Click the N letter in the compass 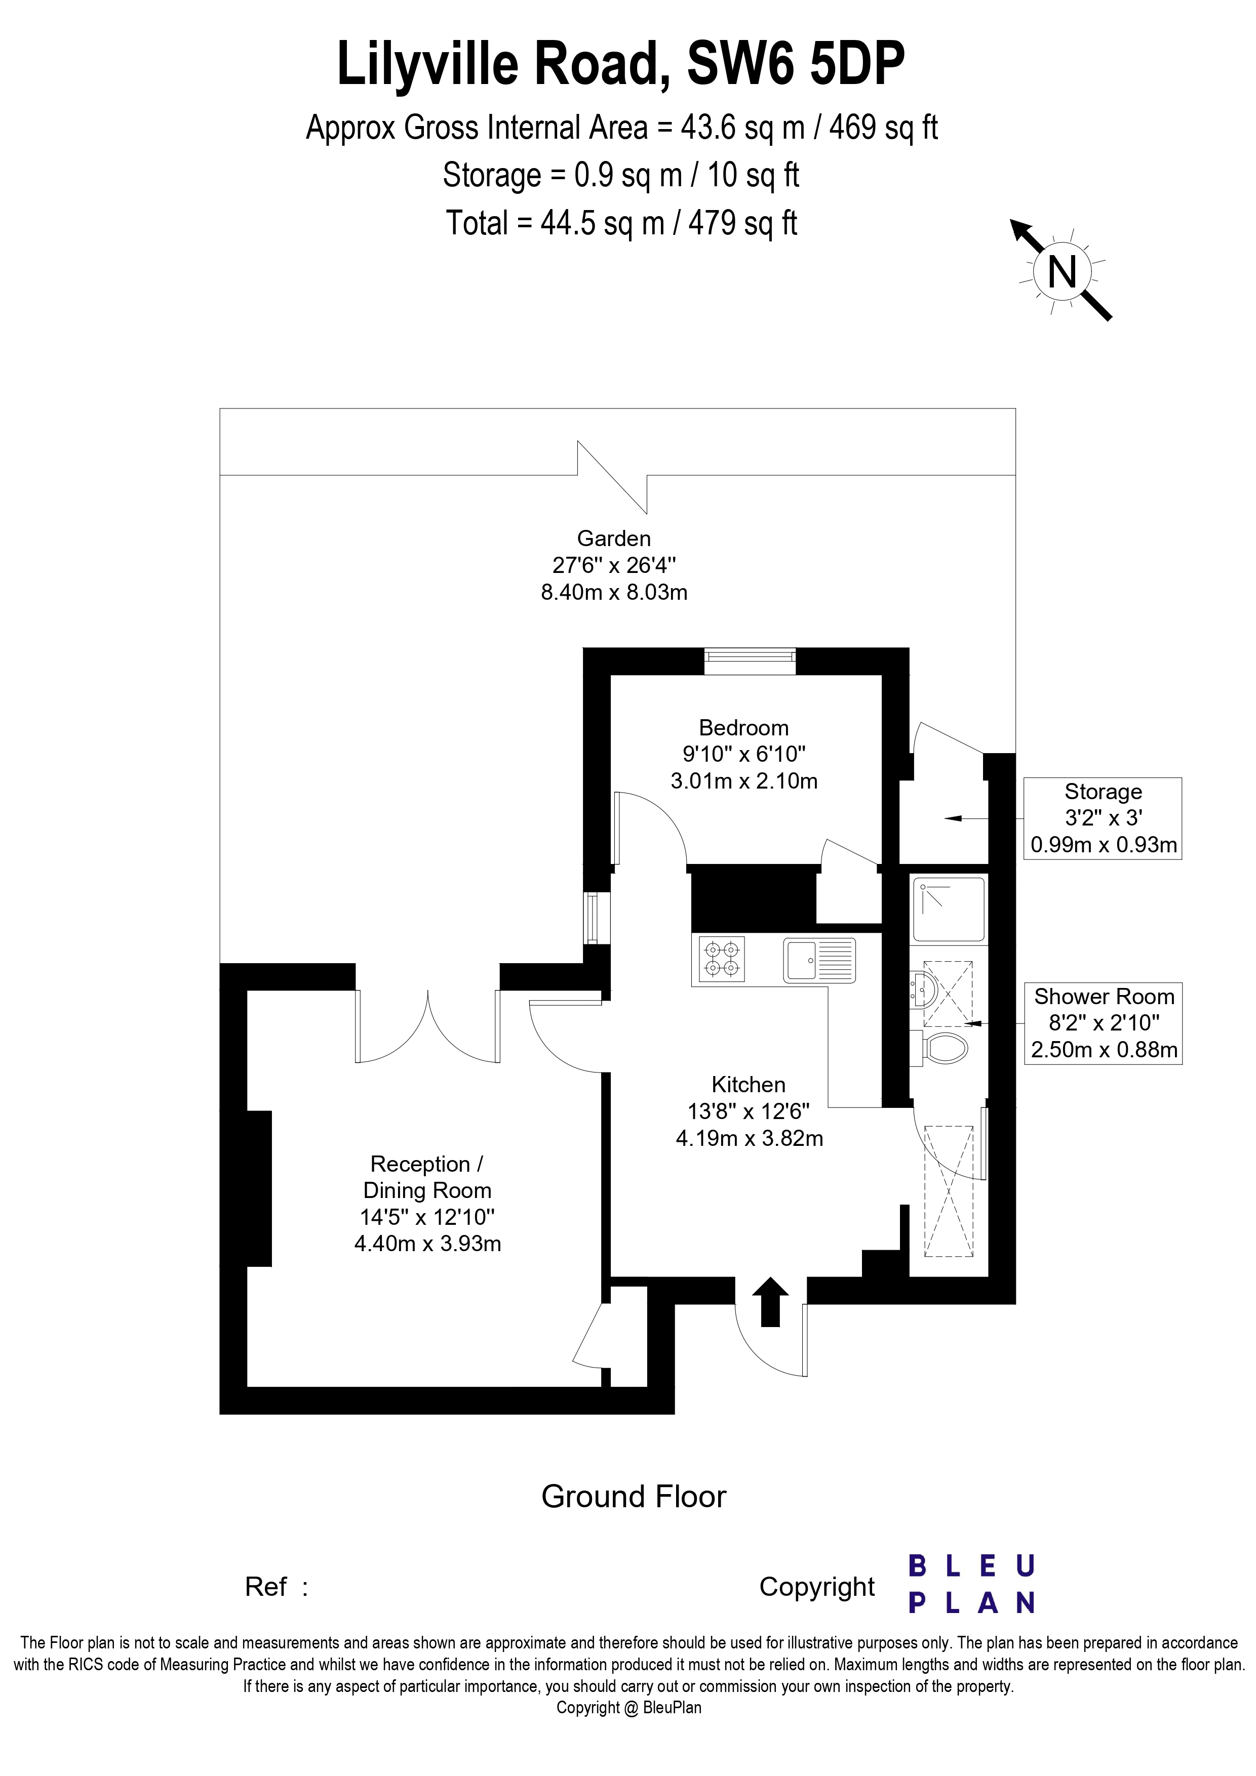point(1063,272)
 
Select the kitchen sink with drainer point(819,960)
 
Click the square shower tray point(949,909)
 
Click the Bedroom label point(743,728)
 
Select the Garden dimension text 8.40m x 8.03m point(614,593)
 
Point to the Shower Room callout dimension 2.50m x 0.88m point(1104,1050)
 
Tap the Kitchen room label point(749,1085)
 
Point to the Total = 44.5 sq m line point(621,224)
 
